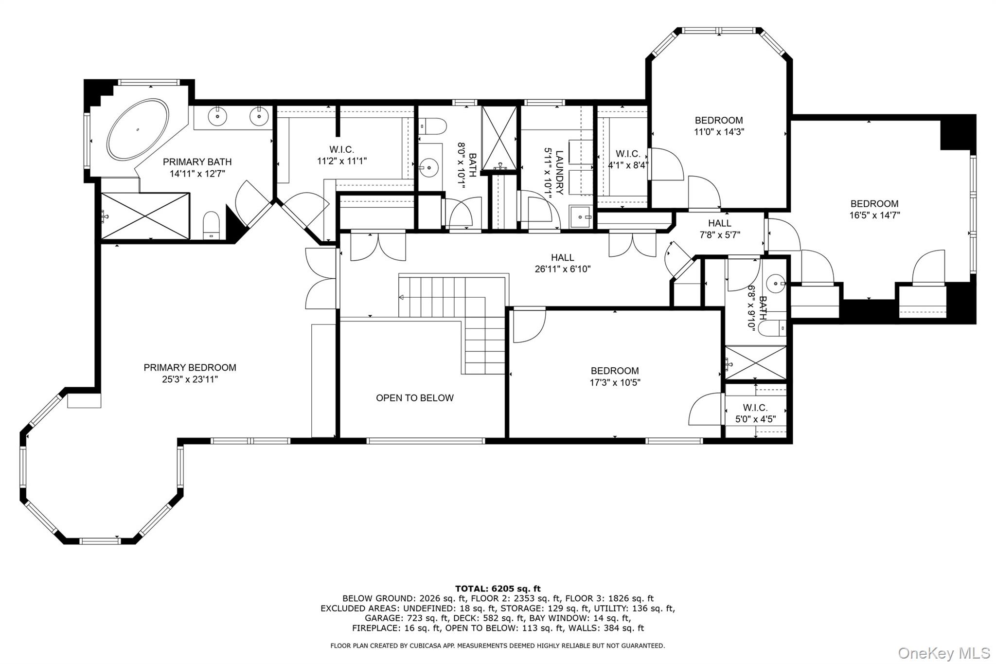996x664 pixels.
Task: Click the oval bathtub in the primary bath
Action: pos(138,129)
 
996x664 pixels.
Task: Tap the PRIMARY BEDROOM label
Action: pos(190,368)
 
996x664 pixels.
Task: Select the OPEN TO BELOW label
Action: pos(414,398)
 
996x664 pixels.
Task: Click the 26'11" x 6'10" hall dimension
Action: pos(562,269)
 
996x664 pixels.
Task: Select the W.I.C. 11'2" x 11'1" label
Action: pos(341,155)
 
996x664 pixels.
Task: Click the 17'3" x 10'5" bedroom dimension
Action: pos(615,383)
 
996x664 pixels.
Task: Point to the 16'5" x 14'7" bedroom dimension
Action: pos(874,215)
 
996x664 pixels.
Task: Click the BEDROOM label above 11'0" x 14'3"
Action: pos(718,120)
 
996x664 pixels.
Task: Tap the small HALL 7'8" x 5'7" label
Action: pos(719,229)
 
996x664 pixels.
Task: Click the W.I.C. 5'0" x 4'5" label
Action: pos(755,413)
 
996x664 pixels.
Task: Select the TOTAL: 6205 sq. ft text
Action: pos(498,589)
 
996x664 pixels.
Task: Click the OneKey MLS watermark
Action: pos(943,652)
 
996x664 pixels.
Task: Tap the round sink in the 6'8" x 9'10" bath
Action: pos(775,282)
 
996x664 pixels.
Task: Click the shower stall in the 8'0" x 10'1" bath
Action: pos(499,138)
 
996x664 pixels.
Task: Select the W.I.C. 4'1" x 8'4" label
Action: pos(628,159)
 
